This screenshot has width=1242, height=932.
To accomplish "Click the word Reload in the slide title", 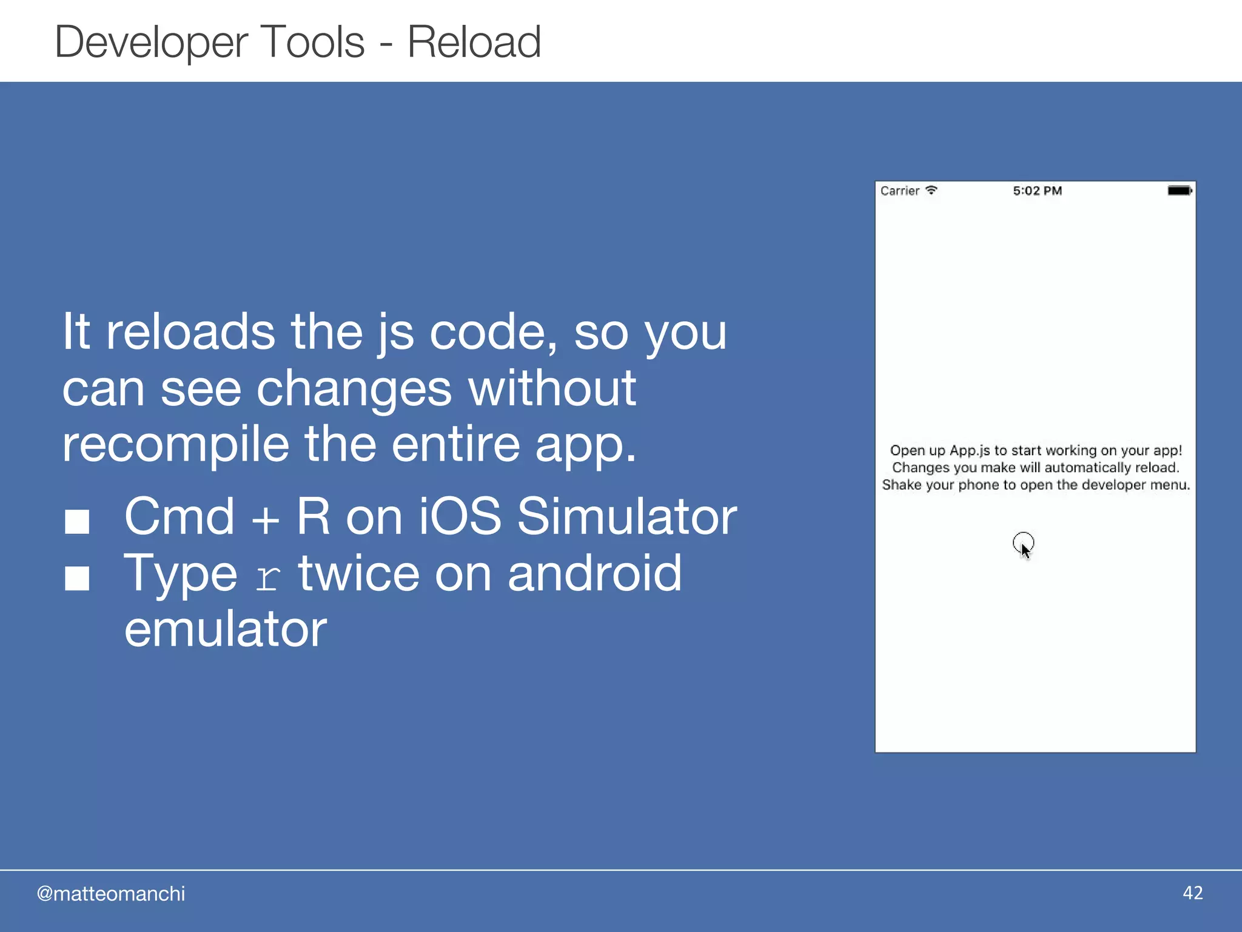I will [x=474, y=42].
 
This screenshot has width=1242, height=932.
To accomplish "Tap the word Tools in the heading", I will [x=312, y=42].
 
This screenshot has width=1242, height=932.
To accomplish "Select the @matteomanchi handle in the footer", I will [x=111, y=894].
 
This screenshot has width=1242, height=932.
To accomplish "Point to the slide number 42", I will [x=1192, y=893].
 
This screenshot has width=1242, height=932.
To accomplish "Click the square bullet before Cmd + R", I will [x=77, y=521].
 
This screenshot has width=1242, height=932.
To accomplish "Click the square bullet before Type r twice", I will [x=77, y=578].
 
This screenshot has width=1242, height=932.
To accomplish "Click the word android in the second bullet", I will [x=594, y=573].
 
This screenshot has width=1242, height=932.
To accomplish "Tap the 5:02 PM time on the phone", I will [x=1037, y=191].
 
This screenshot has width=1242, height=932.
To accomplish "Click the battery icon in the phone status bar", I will [x=1180, y=191].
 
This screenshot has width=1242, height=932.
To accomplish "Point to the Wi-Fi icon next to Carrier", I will [x=931, y=191].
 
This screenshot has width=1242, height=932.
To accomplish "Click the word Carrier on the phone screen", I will [x=900, y=191].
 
